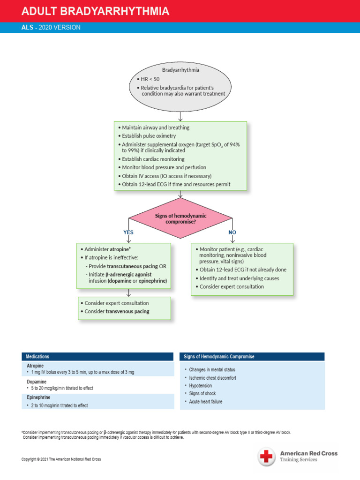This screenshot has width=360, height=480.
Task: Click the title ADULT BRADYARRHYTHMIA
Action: click(x=96, y=11)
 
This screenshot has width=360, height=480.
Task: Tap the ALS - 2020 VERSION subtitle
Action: click(x=51, y=28)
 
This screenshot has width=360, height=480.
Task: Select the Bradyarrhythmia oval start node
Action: click(x=180, y=85)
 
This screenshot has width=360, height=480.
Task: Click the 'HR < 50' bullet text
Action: click(x=150, y=79)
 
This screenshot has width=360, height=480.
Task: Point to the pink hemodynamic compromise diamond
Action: click(x=180, y=218)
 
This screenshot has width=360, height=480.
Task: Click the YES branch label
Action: click(x=128, y=232)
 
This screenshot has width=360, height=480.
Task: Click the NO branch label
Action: click(x=232, y=232)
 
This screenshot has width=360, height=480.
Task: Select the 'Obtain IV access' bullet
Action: click(x=166, y=176)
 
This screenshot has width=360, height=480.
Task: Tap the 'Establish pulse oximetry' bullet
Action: click(x=149, y=136)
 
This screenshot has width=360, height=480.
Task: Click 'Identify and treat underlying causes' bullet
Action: click(x=239, y=278)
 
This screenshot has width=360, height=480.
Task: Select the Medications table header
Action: click(x=37, y=357)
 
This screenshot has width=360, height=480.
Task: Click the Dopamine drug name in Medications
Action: click(x=37, y=382)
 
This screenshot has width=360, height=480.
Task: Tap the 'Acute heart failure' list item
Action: click(x=206, y=402)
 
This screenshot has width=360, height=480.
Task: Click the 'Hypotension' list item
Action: click(x=201, y=385)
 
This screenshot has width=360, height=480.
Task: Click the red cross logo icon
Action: click(x=267, y=456)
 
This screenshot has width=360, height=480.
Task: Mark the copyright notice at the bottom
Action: click(x=61, y=459)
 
